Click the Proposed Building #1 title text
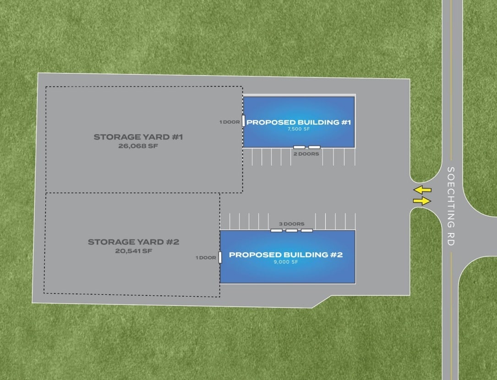pyautogui.click(x=299, y=123)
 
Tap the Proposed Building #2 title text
pyautogui.click(x=286, y=255)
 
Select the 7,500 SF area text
pyautogui.click(x=299, y=130)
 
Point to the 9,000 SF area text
pyautogui.click(x=286, y=262)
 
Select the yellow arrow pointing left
pyautogui.click(x=422, y=190)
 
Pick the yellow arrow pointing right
pyautogui.click(x=422, y=201)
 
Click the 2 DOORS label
pyautogui.click(x=306, y=154)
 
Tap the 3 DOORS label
pyautogui.click(x=292, y=224)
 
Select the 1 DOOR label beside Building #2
pyautogui.click(x=206, y=258)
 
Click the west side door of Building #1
pyautogui.click(x=244, y=121)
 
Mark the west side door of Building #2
pyautogui.click(x=220, y=257)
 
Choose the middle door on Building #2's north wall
pyautogui.click(x=292, y=230)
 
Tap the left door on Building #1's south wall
pyautogui.click(x=300, y=147)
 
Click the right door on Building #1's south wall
pyautogui.click(x=314, y=147)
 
